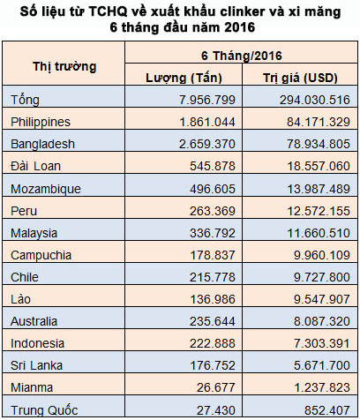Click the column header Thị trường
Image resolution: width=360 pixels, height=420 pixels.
pos(64,67)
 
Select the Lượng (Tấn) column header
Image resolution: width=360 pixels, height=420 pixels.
pos(184,78)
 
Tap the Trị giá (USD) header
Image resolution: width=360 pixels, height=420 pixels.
pos(300,78)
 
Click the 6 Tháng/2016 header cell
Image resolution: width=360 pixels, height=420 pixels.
pos(242,56)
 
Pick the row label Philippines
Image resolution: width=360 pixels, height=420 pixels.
pos(41,122)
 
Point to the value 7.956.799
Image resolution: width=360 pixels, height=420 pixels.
pos(207,100)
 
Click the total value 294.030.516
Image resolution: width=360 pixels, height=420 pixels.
pos(315,100)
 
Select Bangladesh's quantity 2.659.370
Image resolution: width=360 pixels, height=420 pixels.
pos(207,144)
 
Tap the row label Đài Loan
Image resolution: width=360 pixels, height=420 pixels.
pos(35,166)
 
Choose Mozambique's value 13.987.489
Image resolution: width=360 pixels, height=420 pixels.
pos(319,189)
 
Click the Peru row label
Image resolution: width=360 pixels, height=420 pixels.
pos(24,211)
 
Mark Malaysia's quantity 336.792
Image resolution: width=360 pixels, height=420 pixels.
pos(213,233)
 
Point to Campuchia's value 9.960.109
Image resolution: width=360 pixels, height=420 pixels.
pos(322,255)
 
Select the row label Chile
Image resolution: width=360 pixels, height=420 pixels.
pos(25,277)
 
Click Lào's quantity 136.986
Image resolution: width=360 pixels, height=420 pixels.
pos(213,299)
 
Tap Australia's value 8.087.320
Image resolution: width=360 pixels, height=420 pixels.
pos(322,321)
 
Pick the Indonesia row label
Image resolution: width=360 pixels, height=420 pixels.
pos(37,343)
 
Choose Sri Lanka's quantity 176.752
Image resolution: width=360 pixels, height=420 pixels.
pos(213,365)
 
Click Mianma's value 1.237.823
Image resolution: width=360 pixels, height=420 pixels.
pos(322,387)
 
